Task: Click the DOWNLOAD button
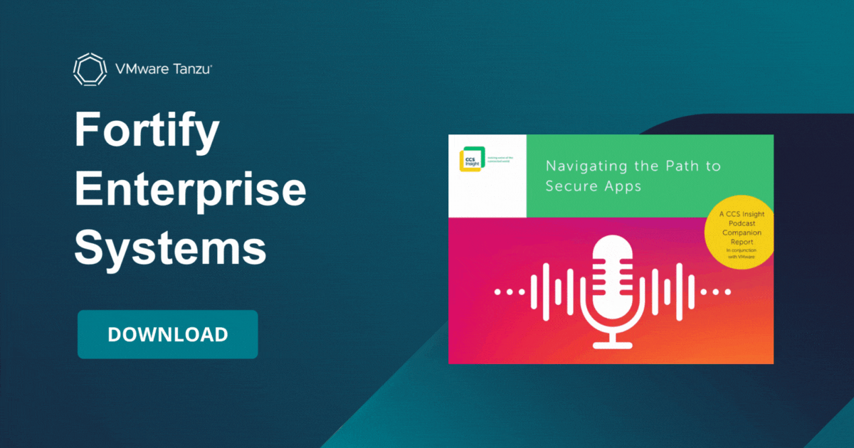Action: coord(167,334)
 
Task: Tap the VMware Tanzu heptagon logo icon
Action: coord(90,69)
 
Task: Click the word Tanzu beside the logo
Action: coord(186,69)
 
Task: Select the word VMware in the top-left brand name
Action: coord(139,69)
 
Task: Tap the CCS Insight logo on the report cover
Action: coord(470,160)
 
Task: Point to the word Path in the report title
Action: coord(677,166)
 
